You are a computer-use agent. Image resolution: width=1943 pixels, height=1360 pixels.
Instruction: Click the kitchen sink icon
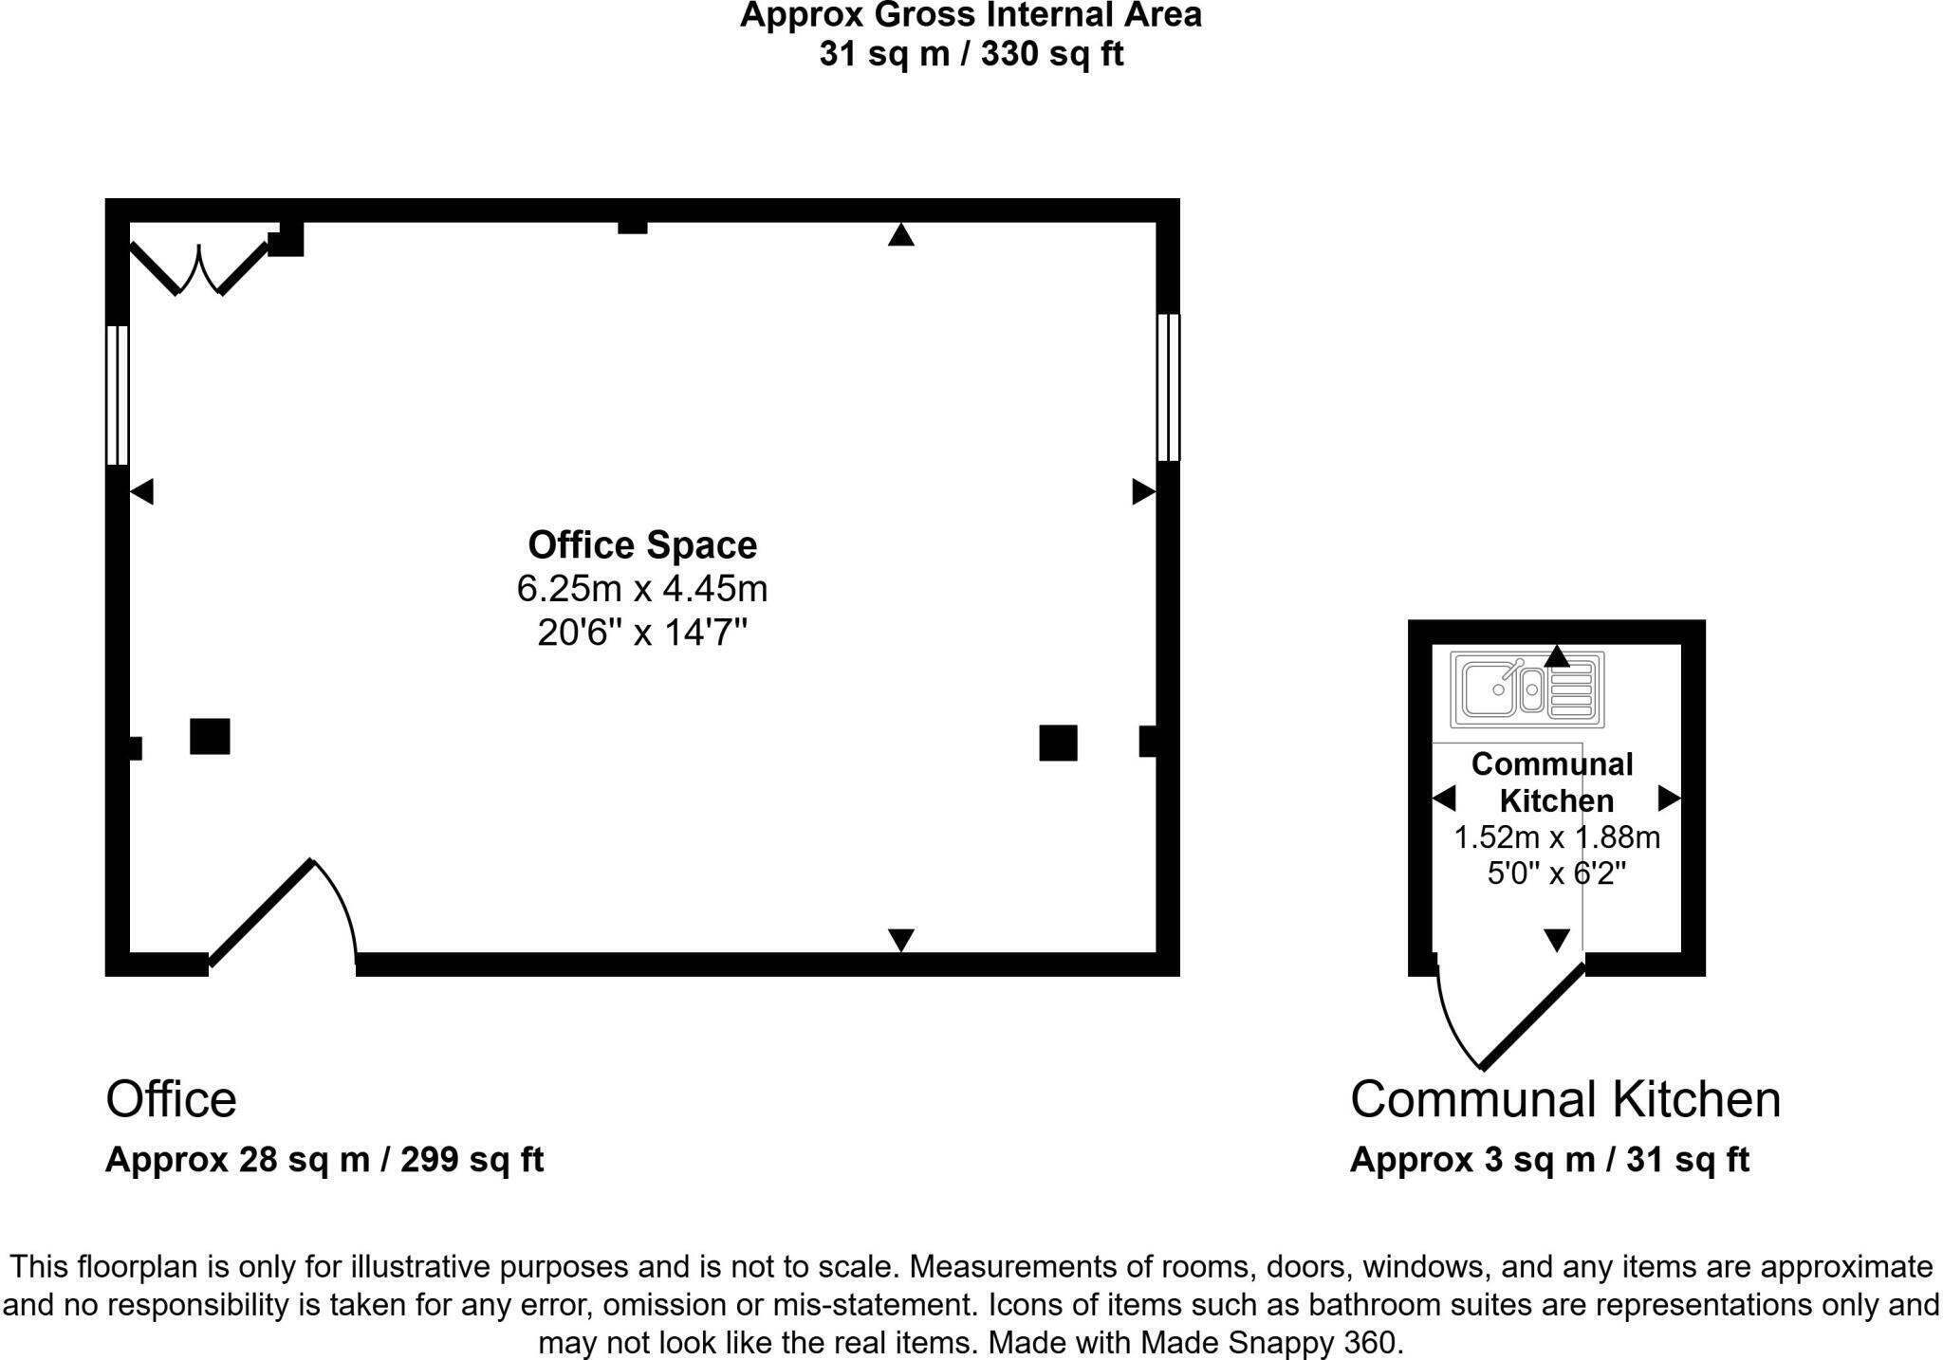click(x=1527, y=689)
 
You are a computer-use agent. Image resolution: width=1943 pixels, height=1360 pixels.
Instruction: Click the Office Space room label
click(x=642, y=545)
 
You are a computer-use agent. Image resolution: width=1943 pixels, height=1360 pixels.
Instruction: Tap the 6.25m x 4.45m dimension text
click(x=642, y=589)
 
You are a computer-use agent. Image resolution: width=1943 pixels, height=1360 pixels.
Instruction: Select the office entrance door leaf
click(x=261, y=912)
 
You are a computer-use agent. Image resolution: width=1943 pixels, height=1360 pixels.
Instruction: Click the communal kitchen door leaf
click(x=1533, y=1016)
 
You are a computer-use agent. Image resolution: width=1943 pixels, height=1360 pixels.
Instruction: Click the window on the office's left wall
click(x=117, y=395)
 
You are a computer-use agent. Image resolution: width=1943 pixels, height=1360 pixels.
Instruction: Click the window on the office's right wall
click(x=1168, y=387)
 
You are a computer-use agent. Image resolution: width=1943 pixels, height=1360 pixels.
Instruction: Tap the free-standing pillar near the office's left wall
click(x=210, y=736)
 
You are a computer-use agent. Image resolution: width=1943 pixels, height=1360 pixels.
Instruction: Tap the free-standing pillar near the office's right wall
click(x=1058, y=743)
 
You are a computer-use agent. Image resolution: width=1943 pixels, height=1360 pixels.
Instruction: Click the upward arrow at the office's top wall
click(x=900, y=235)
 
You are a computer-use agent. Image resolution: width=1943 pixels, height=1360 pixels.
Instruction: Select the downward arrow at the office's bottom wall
click(x=900, y=939)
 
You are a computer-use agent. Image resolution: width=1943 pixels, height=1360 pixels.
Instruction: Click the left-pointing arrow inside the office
click(x=141, y=491)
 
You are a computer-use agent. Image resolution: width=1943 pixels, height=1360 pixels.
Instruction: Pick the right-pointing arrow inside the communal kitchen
click(x=1669, y=799)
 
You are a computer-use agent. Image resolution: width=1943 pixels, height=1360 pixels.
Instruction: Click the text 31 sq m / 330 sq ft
click(x=971, y=54)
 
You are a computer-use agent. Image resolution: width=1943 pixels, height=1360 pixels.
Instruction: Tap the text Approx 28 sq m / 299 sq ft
click(x=324, y=1159)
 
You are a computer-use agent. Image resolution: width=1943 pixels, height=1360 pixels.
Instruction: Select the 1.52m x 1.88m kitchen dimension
click(x=1556, y=837)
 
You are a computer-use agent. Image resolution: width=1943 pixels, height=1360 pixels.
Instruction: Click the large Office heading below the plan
click(x=171, y=1099)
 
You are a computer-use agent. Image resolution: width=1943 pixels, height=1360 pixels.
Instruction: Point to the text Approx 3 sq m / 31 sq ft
click(x=1548, y=1159)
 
